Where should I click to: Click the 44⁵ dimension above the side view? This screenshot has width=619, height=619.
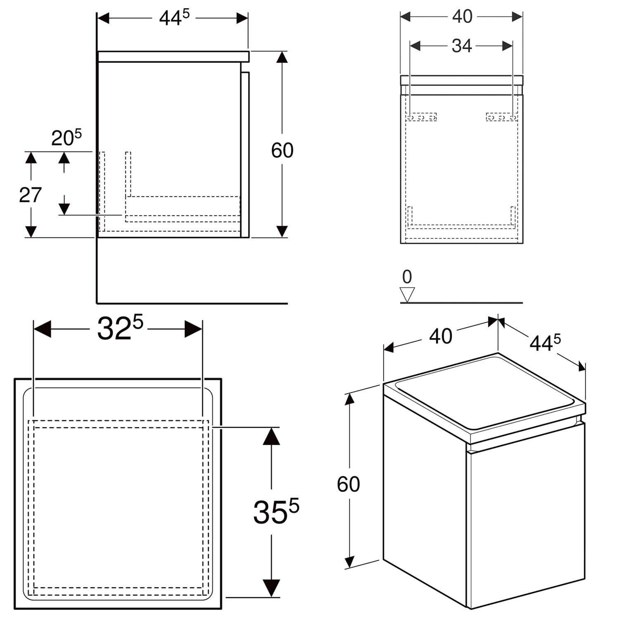pyautogui.click(x=175, y=18)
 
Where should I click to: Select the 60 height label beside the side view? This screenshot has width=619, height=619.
pyautogui.click(x=282, y=150)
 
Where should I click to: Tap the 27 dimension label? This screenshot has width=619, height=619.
pyautogui.click(x=31, y=195)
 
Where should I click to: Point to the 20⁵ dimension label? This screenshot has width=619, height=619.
pyautogui.click(x=66, y=137)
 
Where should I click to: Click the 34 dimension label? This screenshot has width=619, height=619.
pyautogui.click(x=462, y=46)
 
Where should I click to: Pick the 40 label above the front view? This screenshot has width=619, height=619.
pyautogui.click(x=462, y=17)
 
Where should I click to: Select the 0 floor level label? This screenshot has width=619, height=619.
pyautogui.click(x=407, y=276)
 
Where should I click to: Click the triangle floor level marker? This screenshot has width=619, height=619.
pyautogui.click(x=407, y=295)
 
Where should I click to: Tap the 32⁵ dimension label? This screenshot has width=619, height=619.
pyautogui.click(x=120, y=328)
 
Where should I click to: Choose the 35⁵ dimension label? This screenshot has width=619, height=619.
pyautogui.click(x=276, y=512)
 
